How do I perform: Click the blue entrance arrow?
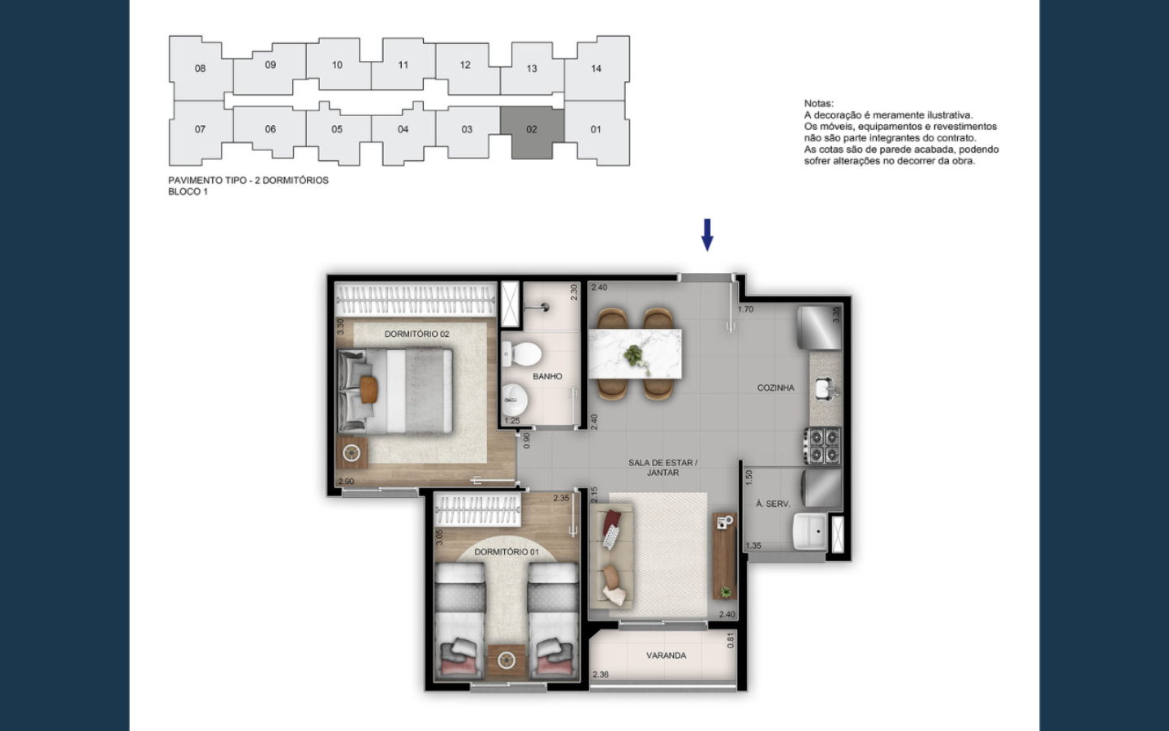coord(707,235)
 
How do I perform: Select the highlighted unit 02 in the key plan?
coord(532,132)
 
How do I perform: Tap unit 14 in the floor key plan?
coord(597,68)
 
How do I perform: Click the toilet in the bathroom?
coord(521,354)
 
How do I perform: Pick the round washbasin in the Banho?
coord(515,400)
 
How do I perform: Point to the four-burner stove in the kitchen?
coord(822,445)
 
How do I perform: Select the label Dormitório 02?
coord(416,334)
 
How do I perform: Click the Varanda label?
coord(666,655)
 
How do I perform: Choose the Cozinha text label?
coord(775,387)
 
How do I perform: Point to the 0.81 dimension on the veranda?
coord(730,641)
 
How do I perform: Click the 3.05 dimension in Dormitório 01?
coord(439,538)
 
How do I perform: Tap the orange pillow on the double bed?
coord(369,390)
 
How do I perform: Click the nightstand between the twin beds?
coord(507,661)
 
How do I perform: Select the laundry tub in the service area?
coord(809,531)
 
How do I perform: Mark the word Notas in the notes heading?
coord(818,103)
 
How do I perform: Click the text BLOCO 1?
coord(188,192)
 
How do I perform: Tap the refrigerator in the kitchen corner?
coord(819,328)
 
